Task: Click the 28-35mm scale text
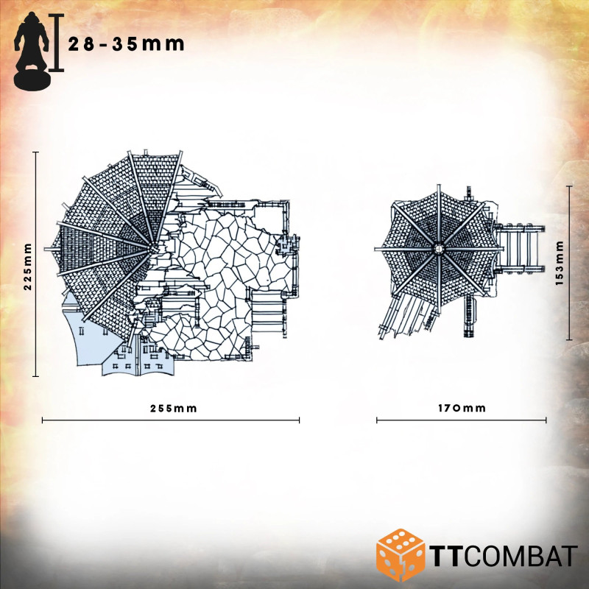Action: pos(126,44)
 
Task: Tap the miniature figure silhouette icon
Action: pos(32,50)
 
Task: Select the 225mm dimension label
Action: pos(28,267)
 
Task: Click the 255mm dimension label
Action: pos(174,409)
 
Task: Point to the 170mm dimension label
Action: pos(462,408)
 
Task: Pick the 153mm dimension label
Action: pos(560,264)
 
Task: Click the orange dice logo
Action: pos(401,555)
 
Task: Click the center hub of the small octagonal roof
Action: pos(438,249)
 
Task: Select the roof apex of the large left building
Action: pos(153,248)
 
